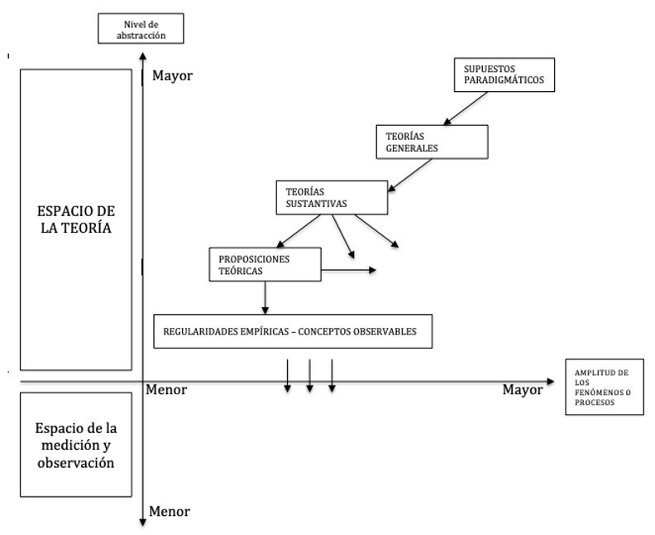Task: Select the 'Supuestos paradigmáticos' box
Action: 504,75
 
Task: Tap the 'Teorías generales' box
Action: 430,142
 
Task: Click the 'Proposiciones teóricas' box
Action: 264,264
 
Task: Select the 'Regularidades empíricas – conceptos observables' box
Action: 294,331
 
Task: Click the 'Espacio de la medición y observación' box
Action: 76,446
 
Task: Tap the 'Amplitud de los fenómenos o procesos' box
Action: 604,388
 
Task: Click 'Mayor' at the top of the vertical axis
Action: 172,76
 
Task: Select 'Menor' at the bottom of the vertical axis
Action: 170,512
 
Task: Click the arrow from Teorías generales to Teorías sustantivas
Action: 411,175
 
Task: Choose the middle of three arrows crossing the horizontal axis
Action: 309,375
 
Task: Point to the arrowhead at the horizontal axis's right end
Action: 550,381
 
